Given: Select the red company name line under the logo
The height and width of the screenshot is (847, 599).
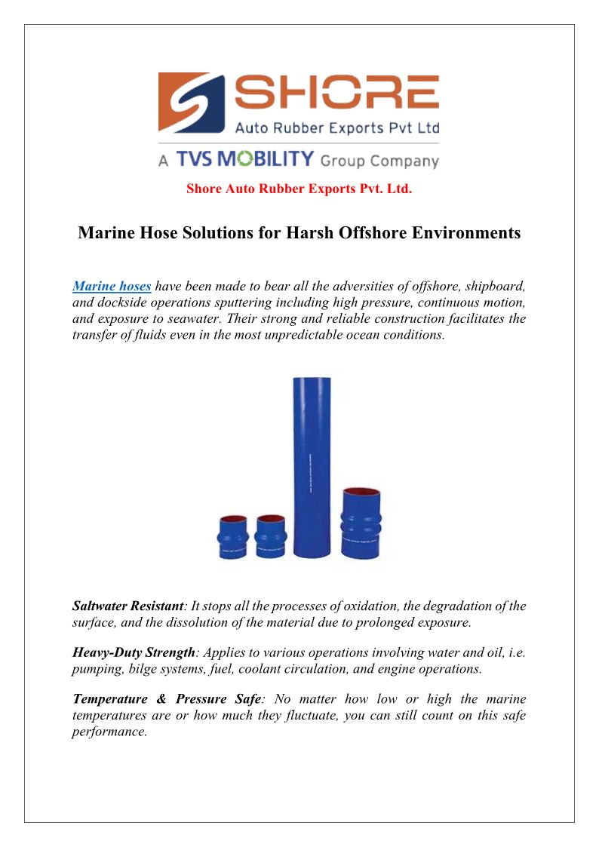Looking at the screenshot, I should click(x=299, y=189).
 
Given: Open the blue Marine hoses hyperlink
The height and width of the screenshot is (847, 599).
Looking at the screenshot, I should click(x=112, y=286).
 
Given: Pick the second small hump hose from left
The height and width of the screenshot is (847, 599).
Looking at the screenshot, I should click(x=270, y=536).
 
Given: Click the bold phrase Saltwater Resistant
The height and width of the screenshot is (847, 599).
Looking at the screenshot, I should click(x=127, y=606).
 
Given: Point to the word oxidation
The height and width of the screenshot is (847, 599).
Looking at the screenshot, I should click(x=331, y=606).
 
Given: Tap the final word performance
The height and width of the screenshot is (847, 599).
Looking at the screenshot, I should click(x=108, y=731).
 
